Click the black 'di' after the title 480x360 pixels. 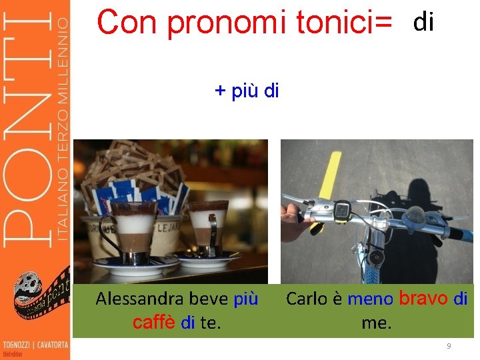423,23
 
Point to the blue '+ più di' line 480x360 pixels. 247,91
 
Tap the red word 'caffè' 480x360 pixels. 154,323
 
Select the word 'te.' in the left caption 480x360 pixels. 210,323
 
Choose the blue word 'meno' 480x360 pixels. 370,299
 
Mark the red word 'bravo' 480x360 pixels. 423,298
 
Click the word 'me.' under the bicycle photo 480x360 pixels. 377,323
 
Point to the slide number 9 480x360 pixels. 449,346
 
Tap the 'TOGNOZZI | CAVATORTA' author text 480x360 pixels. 35,345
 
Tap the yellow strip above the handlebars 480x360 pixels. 328,169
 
